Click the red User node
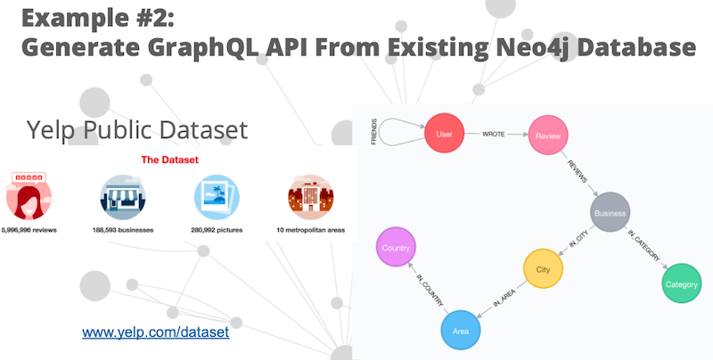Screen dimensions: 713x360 click(x=444, y=133)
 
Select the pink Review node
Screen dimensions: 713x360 click(x=548, y=135)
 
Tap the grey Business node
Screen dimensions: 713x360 click(x=610, y=212)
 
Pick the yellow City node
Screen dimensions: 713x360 click(x=543, y=268)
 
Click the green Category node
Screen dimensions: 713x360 click(x=681, y=283)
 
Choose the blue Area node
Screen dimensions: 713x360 click(x=461, y=330)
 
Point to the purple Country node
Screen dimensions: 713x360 click(x=396, y=247)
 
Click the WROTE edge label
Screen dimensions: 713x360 click(x=494, y=134)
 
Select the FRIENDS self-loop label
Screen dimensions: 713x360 click(x=374, y=132)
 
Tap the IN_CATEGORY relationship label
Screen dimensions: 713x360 click(x=643, y=245)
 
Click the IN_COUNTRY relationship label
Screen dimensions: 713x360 click(x=430, y=289)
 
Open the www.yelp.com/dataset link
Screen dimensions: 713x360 click(x=155, y=332)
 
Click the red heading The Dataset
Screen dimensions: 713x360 click(x=169, y=160)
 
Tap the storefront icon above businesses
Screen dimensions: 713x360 click(x=123, y=197)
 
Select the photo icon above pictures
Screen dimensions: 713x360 click(x=217, y=197)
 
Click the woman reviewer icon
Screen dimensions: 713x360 click(x=29, y=196)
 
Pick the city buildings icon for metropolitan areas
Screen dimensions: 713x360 click(x=311, y=197)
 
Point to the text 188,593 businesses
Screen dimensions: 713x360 click(x=123, y=230)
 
